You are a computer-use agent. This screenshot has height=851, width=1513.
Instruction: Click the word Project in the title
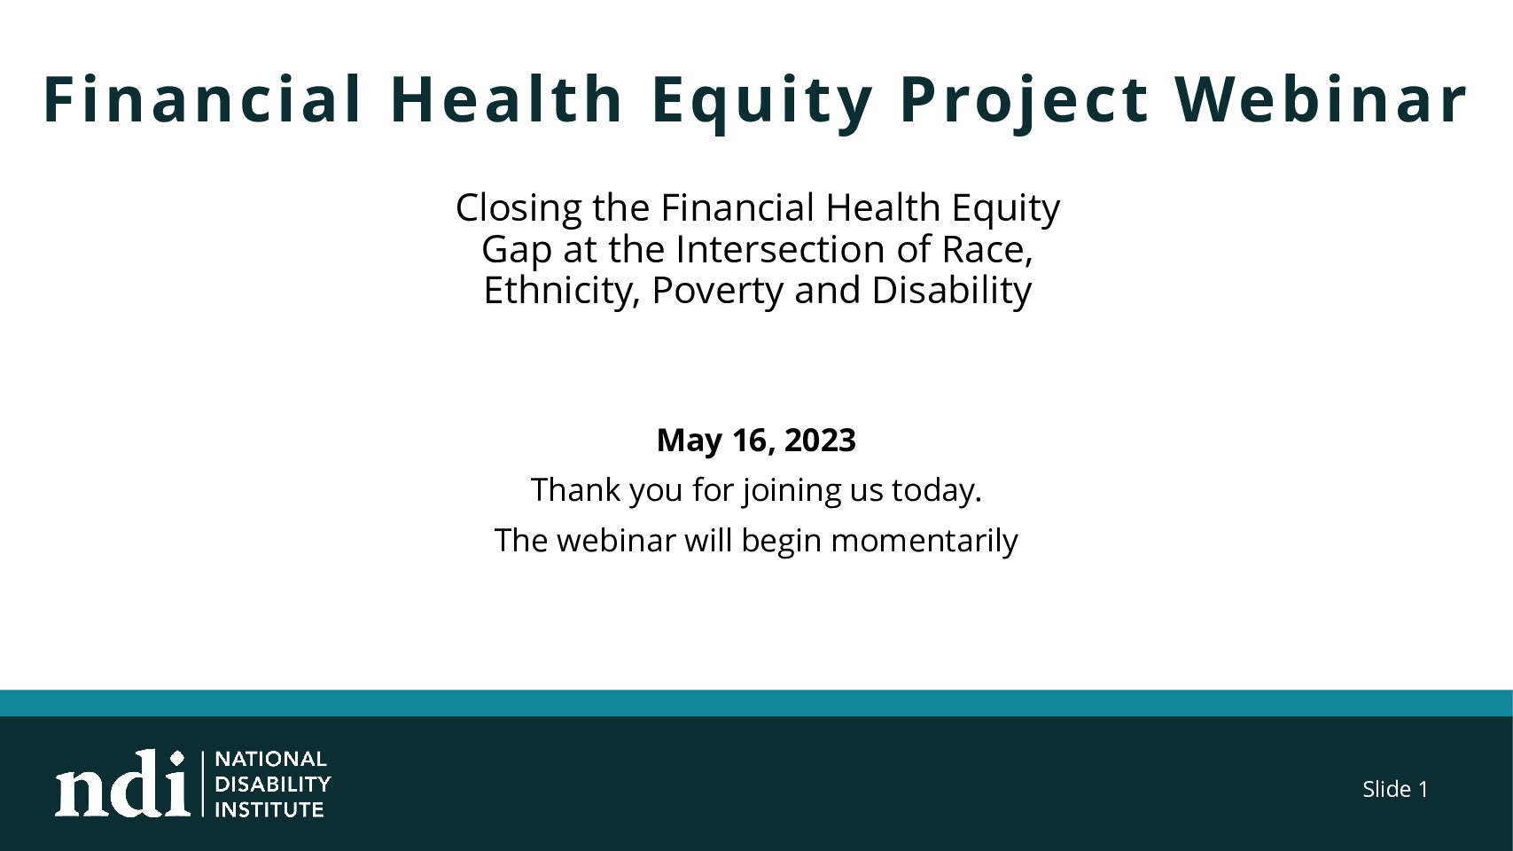[x=1024, y=101]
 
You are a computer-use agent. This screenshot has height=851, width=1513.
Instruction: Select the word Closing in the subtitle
[x=519, y=208]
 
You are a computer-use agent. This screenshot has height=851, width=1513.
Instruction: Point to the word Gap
[x=517, y=251]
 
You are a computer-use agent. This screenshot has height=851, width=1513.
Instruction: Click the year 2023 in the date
[x=820, y=441]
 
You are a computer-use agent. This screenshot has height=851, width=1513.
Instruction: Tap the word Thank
[x=575, y=489]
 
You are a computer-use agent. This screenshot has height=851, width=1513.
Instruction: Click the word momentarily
[x=924, y=542]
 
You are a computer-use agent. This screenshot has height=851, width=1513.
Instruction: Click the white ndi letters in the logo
[x=122, y=785]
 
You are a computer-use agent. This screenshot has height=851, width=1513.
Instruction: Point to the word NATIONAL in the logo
[x=271, y=759]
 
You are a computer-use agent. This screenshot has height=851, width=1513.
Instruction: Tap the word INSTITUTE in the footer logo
[x=269, y=809]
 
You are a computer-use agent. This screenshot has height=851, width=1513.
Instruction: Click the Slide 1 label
[x=1395, y=789]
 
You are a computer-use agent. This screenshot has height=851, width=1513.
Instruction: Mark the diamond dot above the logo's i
[x=177, y=758]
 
